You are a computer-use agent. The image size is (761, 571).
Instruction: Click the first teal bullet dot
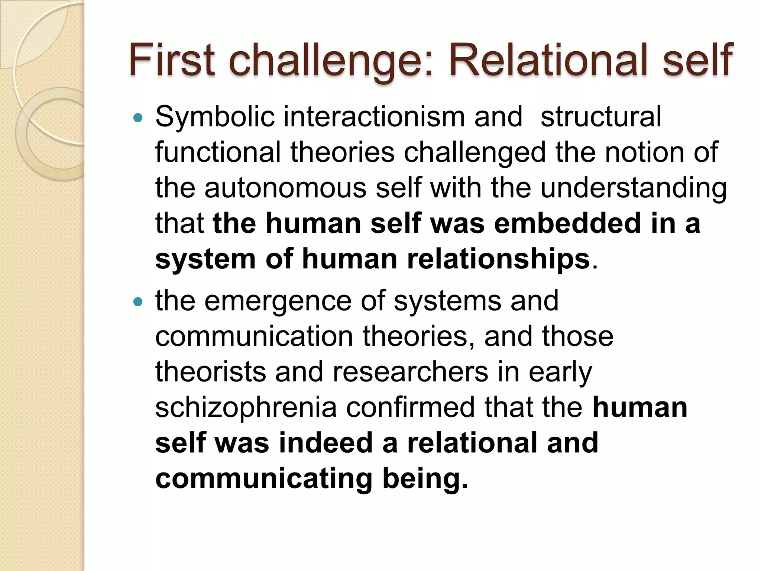[x=137, y=118]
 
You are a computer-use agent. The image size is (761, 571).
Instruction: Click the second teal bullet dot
[x=137, y=302]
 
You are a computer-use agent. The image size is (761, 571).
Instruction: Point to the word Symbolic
[x=215, y=117]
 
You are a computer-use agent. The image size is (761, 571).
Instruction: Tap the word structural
[x=601, y=117]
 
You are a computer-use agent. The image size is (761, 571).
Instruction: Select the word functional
[x=218, y=152]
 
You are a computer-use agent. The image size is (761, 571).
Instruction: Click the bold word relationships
[x=498, y=259]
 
